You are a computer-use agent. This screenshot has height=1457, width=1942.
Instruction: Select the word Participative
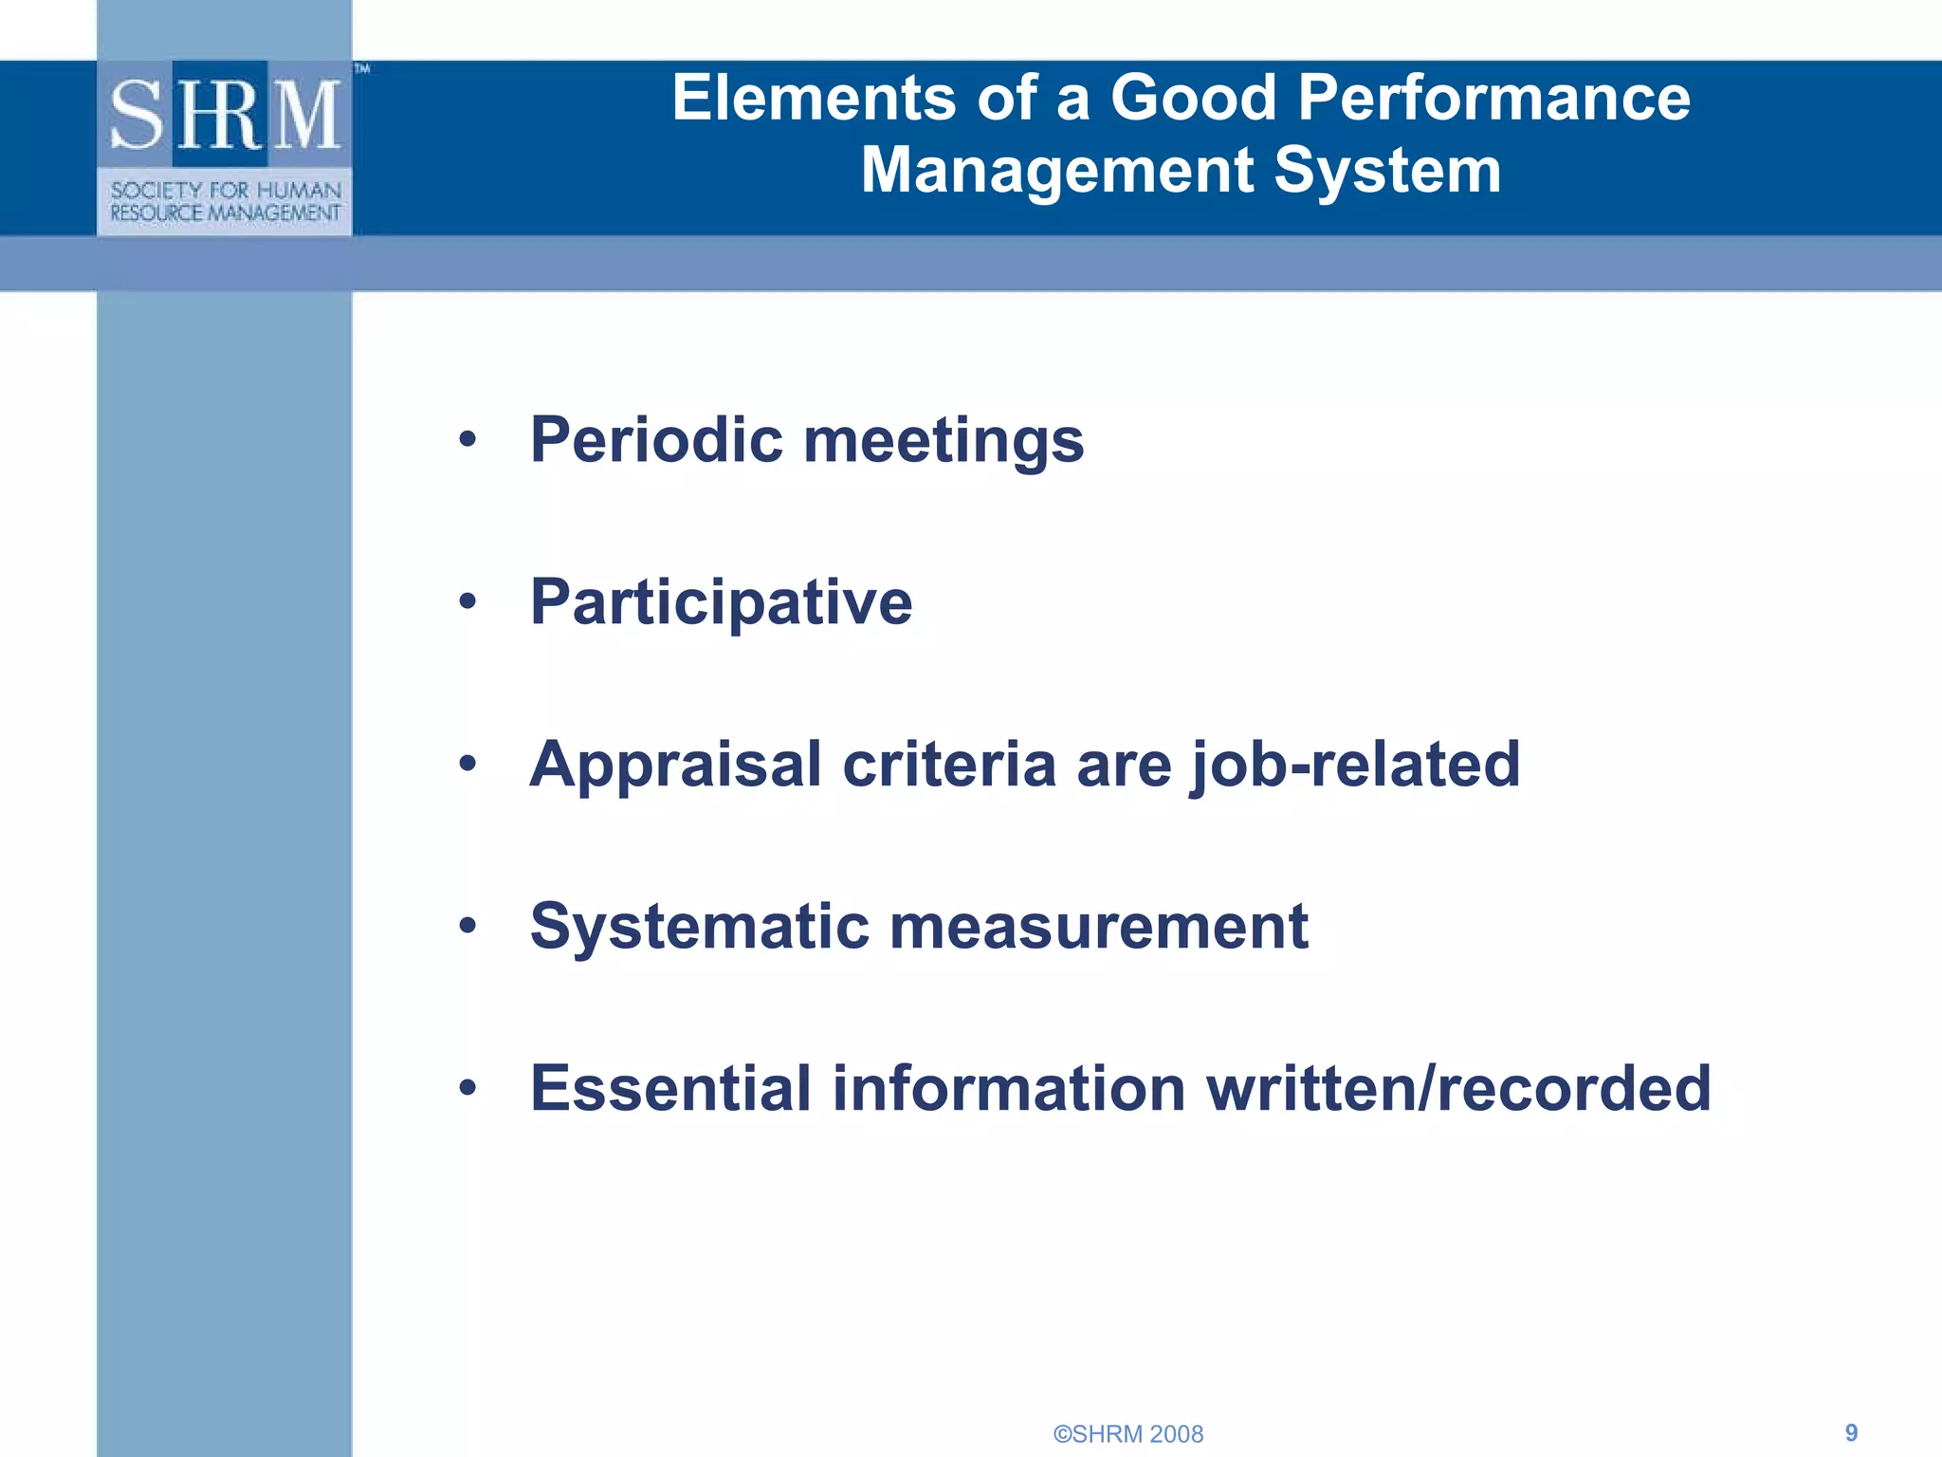click(x=721, y=603)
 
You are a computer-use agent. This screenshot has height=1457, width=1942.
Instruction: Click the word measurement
click(x=1099, y=928)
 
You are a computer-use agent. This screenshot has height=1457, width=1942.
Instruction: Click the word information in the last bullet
click(x=1009, y=1088)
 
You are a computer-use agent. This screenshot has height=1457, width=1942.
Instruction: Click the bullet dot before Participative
click(x=467, y=601)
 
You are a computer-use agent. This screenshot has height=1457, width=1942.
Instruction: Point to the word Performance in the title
click(x=1493, y=98)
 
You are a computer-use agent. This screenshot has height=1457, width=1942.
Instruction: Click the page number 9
click(x=1851, y=1432)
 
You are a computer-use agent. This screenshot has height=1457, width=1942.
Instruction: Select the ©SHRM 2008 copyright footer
click(x=1128, y=1434)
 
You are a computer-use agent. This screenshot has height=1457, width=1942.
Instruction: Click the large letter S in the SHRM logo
click(x=138, y=116)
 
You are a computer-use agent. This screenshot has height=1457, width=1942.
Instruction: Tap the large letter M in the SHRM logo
click(x=305, y=116)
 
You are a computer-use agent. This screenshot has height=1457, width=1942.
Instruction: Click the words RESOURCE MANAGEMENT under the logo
click(x=225, y=213)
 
